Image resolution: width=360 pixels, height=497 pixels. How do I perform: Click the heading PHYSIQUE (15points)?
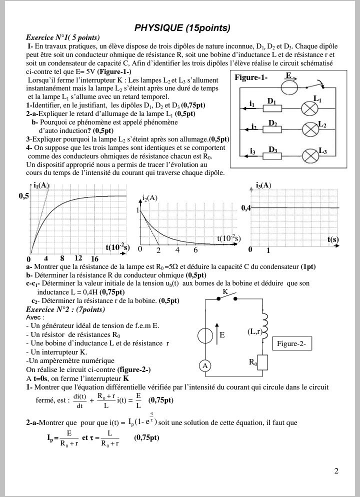(x=182, y=27)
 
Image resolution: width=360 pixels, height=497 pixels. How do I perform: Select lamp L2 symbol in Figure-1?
(x=310, y=129)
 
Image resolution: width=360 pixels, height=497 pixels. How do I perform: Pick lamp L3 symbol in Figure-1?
(x=311, y=155)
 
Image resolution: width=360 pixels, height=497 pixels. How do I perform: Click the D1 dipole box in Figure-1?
(x=272, y=108)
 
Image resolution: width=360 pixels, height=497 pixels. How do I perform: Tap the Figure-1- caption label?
(x=251, y=77)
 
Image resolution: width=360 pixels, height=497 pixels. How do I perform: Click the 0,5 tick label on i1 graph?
(x=24, y=196)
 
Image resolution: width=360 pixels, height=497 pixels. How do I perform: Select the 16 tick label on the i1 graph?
(x=94, y=258)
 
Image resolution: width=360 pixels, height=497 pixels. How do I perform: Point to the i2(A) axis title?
(x=149, y=197)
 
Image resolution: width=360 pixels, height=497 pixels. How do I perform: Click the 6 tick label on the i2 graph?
(x=195, y=249)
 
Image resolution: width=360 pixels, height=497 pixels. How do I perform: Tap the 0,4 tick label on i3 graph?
(x=246, y=207)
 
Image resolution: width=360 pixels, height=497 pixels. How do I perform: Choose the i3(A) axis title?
(x=263, y=185)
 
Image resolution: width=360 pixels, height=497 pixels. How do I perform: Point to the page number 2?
(x=336, y=470)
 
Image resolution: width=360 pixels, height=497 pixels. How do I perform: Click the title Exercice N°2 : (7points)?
(x=65, y=309)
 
